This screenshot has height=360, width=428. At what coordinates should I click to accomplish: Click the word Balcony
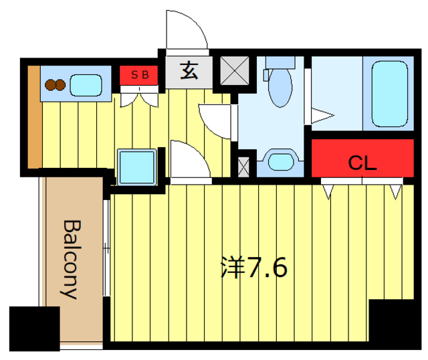pos(70,258)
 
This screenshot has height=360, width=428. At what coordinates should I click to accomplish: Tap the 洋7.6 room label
pos(254,268)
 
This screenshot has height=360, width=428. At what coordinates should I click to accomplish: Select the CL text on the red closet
pos(362,163)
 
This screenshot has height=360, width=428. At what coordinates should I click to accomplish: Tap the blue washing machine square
pos(137,165)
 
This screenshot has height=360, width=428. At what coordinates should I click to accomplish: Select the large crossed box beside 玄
pos(235,71)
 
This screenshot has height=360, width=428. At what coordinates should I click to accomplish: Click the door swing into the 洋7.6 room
pos(189,160)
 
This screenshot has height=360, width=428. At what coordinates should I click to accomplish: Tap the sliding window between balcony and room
pos(106,248)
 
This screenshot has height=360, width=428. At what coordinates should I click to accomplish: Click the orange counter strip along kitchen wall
pos(33,117)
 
